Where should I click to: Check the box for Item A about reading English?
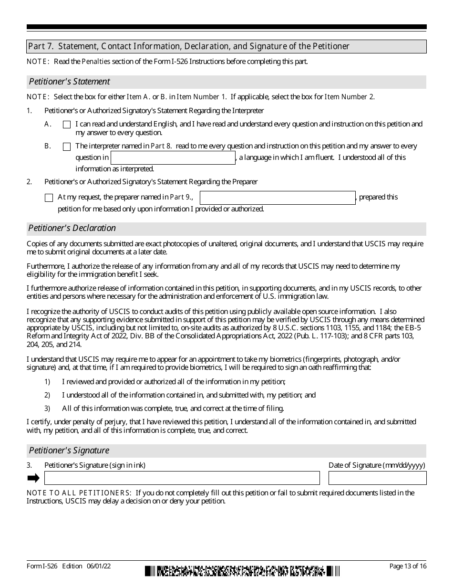pyautogui.click(x=67, y=125)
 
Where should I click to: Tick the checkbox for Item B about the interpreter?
pyautogui.click(x=67, y=147)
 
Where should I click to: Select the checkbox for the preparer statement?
pyautogui.click(x=49, y=198)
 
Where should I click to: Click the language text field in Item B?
pyautogui.click(x=173, y=158)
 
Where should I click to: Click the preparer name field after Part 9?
pyautogui.click(x=278, y=198)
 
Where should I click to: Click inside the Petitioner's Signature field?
pyautogui.click(x=182, y=478)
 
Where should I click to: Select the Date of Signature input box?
pyautogui.click(x=377, y=478)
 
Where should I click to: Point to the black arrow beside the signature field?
pyautogui.click(x=33, y=478)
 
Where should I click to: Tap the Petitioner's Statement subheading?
pyautogui.click(x=70, y=82)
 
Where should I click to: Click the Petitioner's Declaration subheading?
pyautogui.click(x=72, y=228)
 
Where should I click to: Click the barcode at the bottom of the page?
pyautogui.click(x=243, y=571)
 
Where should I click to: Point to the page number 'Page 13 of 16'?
pyautogui.click(x=408, y=566)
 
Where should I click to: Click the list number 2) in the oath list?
pyautogui.click(x=47, y=395)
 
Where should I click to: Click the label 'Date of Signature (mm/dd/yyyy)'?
pyautogui.click(x=377, y=465)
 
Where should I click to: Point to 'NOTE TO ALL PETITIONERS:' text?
pyautogui.click(x=79, y=493)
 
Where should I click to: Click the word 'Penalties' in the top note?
pyautogui.click(x=96, y=62)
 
